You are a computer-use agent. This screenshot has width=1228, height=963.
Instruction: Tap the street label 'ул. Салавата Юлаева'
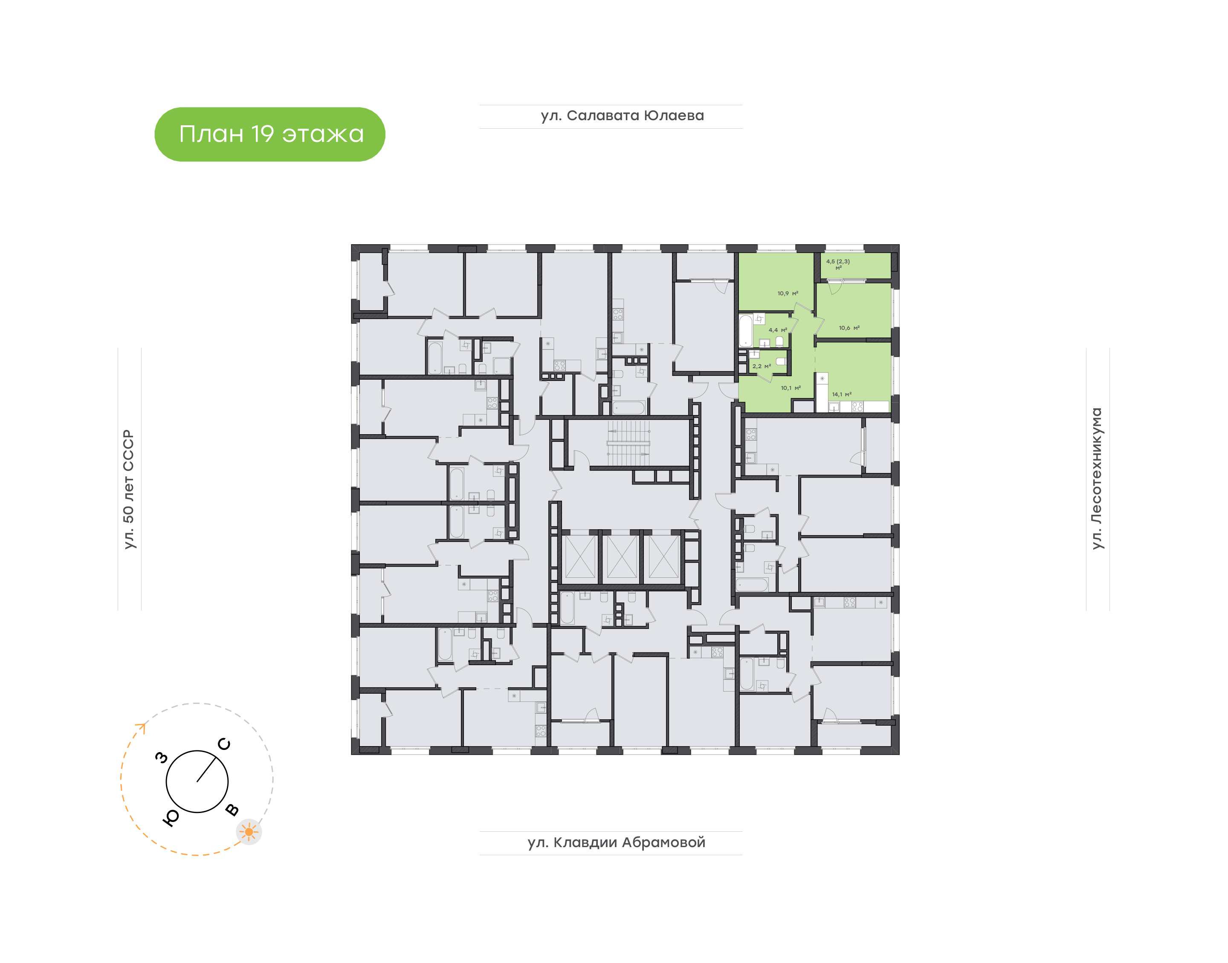[622, 115]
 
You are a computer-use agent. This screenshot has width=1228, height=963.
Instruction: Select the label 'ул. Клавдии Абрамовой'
[617, 842]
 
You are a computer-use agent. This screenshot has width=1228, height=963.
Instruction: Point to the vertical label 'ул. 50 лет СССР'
[129, 490]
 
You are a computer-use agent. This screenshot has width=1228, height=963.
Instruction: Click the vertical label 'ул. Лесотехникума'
[1097, 478]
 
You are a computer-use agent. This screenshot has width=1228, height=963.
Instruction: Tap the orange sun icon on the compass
[249, 832]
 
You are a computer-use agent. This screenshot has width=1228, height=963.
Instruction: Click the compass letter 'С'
[224, 744]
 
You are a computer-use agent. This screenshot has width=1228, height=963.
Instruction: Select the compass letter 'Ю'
[171, 818]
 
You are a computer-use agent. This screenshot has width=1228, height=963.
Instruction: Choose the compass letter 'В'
[232, 810]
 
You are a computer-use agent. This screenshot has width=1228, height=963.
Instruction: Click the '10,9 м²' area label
[788, 293]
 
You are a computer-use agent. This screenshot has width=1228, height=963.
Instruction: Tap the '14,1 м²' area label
[842, 394]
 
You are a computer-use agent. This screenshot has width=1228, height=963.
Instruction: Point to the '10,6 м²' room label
[849, 328]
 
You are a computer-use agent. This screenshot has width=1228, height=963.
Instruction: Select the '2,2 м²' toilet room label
[762, 366]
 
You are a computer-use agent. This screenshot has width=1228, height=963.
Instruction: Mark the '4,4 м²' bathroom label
[778, 330]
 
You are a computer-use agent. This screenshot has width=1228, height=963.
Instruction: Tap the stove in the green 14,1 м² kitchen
[857, 407]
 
